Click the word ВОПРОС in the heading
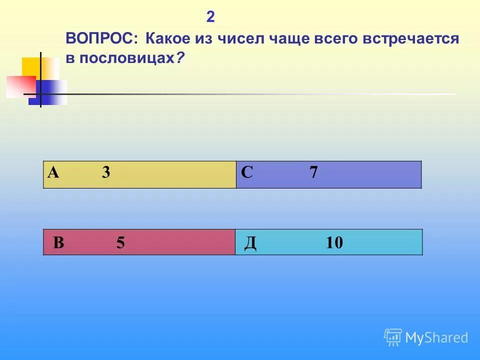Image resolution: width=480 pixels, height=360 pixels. pyautogui.click(x=103, y=39)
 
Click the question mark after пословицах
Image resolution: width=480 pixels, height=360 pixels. pyautogui.click(x=179, y=58)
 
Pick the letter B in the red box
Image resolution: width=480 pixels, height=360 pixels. pyautogui.click(x=58, y=243)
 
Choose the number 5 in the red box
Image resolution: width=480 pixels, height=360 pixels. pyautogui.click(x=120, y=243)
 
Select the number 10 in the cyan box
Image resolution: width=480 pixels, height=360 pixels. pyautogui.click(x=334, y=243)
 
